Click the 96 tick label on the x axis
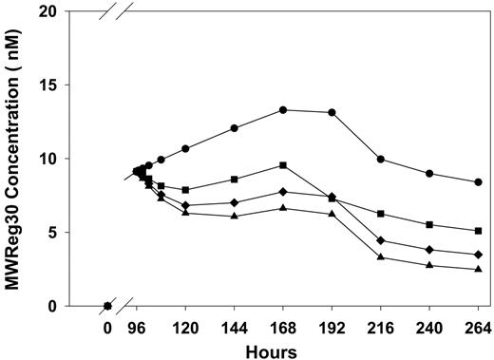(138, 328)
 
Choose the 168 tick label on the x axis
(283, 328)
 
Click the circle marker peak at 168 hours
(283, 110)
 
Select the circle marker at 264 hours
(478, 182)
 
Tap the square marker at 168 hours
(283, 165)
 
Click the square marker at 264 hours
(478, 231)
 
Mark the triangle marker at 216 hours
(381, 257)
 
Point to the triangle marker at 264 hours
(478, 270)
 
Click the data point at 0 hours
(106, 306)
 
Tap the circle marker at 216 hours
(381, 160)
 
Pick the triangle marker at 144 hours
(235, 217)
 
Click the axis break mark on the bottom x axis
(123, 306)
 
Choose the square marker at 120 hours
(185, 190)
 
